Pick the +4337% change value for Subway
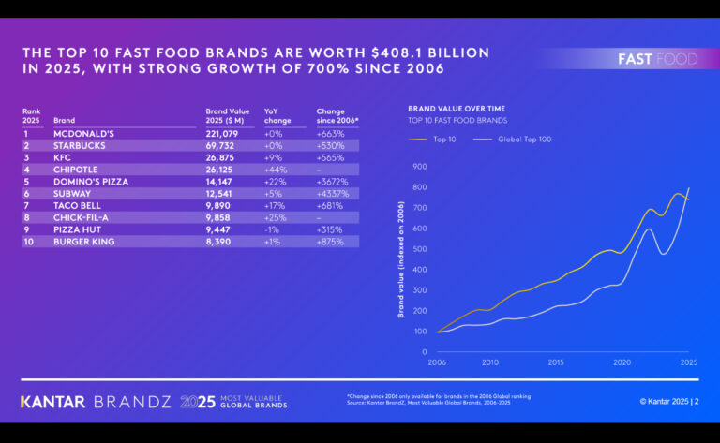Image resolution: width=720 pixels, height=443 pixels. pos(333,194)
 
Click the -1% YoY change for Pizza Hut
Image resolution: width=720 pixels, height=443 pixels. pos(273,229)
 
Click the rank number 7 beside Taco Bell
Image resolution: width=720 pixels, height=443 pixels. pos(26,205)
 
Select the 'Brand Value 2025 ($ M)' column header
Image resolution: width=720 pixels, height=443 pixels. pos(228,115)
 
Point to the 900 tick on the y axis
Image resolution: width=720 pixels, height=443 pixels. pos(419,167)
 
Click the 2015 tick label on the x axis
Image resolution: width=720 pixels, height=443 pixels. pos(555,362)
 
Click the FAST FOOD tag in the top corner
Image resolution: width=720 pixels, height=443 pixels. pos(657,59)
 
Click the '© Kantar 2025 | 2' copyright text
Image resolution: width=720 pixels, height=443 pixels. pos(669,401)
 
